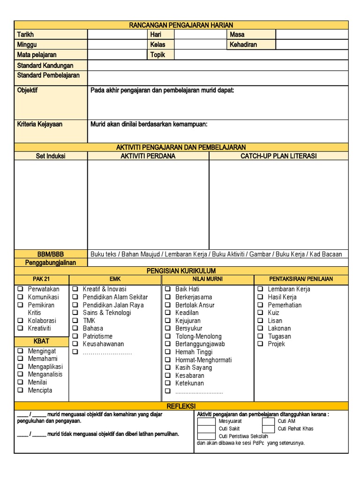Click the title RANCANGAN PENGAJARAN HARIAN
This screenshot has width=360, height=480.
point(181,25)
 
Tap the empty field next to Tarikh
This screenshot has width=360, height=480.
point(117,35)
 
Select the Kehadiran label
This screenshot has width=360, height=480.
point(243,45)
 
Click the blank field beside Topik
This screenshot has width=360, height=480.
point(261,55)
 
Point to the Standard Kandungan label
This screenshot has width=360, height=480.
point(45,65)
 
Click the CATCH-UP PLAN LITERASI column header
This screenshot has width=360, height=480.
point(278,156)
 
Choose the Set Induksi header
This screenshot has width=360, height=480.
point(51,156)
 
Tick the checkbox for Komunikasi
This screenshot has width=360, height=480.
point(20,297)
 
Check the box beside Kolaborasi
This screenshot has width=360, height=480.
point(20,321)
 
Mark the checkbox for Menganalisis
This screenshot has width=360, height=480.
point(20,374)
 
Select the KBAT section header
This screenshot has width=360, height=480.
point(41,341)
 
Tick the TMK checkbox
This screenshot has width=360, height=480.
point(75,321)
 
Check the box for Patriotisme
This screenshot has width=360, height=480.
point(75,336)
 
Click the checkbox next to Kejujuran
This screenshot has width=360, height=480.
point(167,321)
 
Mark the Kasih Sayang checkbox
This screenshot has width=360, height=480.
point(167,368)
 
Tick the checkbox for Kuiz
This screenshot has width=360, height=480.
point(260,313)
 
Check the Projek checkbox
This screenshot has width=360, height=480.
point(260,344)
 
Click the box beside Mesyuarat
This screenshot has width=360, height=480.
point(207,421)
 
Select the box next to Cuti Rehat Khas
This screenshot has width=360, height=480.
point(268,428)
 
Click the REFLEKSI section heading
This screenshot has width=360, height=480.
point(181,406)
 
